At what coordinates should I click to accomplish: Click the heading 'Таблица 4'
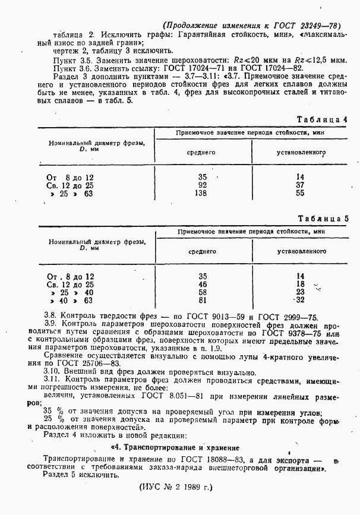326,119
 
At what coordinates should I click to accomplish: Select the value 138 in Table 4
202,194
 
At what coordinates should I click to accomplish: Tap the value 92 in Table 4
202,185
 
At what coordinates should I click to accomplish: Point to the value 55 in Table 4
300,194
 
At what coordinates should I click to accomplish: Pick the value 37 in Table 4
300,185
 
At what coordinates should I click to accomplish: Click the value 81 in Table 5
202,301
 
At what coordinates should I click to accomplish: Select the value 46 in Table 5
202,285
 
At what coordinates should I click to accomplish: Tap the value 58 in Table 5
202,292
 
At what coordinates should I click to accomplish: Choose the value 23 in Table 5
300,292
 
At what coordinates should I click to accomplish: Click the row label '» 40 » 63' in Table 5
71,301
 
